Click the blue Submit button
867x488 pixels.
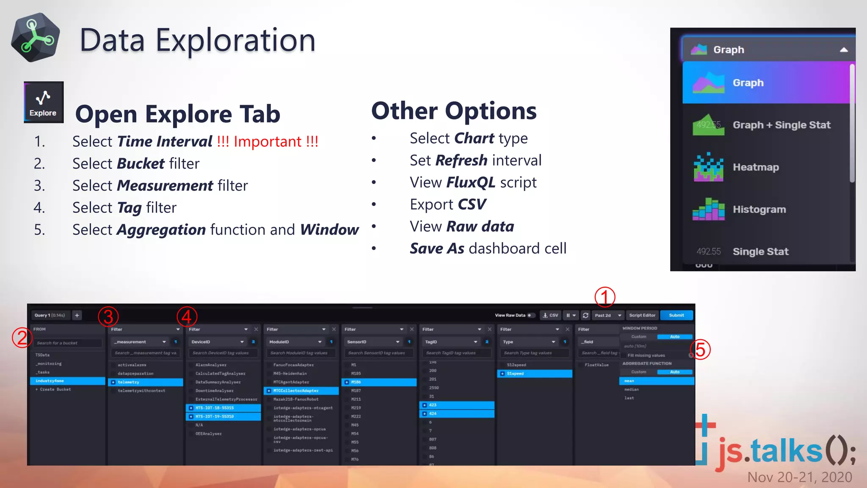pos(676,315)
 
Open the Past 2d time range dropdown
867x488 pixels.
pos(608,315)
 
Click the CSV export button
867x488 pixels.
pos(551,315)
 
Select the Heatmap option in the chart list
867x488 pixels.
pos(755,167)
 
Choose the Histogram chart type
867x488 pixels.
pos(759,209)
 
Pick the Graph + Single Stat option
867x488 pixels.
pos(781,125)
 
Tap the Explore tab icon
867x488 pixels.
pos(43,102)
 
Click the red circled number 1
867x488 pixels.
pos(605,297)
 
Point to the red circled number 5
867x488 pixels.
pos(700,350)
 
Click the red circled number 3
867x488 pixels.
pos(108,317)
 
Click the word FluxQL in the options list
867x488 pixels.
pos(470,183)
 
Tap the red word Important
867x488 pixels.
pos(268,141)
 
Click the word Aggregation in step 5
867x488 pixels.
pos(161,230)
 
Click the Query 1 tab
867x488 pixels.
pos(50,315)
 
